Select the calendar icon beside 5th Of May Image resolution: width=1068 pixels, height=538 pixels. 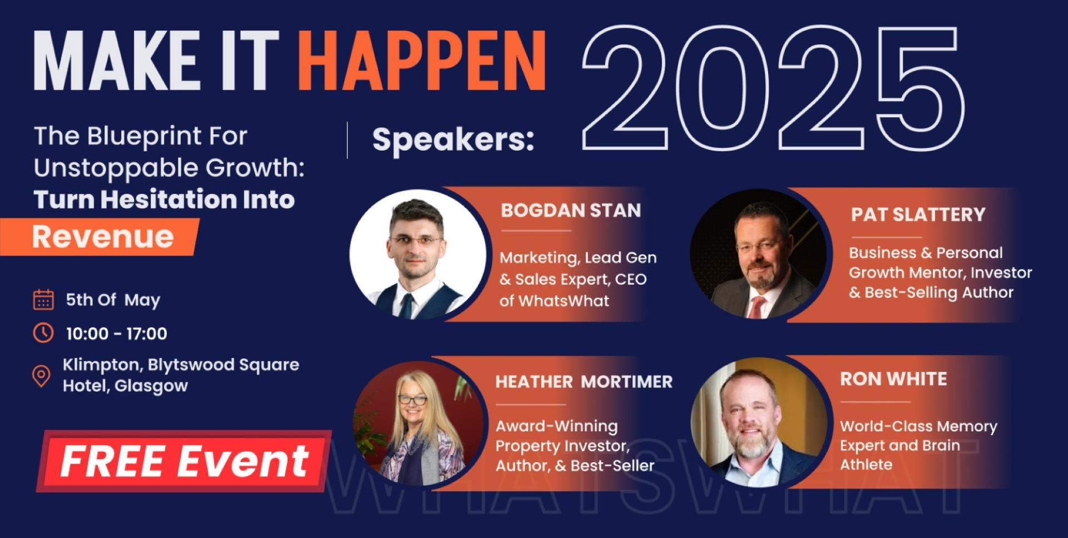pos(43,300)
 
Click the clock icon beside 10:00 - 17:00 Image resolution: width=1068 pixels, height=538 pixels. pos(43,333)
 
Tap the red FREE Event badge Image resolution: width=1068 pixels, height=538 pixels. pos(184,461)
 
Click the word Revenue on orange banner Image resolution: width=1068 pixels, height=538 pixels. pos(103,237)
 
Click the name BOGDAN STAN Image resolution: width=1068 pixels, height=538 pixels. pos(571,211)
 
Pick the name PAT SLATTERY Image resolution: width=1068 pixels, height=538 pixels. pos(918,215)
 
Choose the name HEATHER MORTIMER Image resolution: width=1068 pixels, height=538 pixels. pos(584,382)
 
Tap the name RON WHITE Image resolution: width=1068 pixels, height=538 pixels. pos(893,379)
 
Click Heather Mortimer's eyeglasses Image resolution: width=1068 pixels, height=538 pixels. pos(412,399)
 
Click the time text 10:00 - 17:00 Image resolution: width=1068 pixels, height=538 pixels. pos(116,333)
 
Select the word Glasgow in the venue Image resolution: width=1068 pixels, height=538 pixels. pos(151,386)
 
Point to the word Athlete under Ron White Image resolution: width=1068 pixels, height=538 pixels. pos(866,465)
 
